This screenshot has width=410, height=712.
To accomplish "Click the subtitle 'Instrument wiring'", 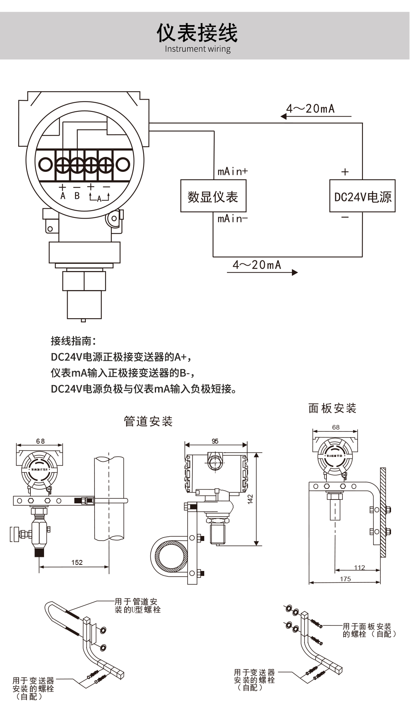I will click(197, 49).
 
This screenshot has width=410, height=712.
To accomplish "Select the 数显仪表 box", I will click(213, 196).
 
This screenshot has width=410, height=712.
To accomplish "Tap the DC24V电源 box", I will click(362, 196).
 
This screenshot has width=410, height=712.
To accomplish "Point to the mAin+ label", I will click(232, 171).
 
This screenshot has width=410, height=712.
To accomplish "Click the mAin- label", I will click(232, 219).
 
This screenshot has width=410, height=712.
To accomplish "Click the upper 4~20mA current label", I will click(311, 109).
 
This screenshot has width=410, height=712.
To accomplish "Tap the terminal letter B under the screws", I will click(77, 196).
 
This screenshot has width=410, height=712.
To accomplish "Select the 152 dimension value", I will click(77, 562).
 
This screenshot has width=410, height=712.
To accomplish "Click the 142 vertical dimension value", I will click(250, 499).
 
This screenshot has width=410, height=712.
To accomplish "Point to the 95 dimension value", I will click(215, 441).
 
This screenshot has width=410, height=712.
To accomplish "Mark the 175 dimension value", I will click(345, 579).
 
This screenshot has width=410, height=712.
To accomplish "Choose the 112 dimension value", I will click(359, 568).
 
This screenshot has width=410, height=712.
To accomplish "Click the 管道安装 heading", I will click(148, 421).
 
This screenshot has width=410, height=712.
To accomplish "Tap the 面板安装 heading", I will click(332, 408).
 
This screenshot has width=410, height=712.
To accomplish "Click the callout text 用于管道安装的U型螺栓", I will click(137, 606).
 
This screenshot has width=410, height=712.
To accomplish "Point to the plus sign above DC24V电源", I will click(345, 172).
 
